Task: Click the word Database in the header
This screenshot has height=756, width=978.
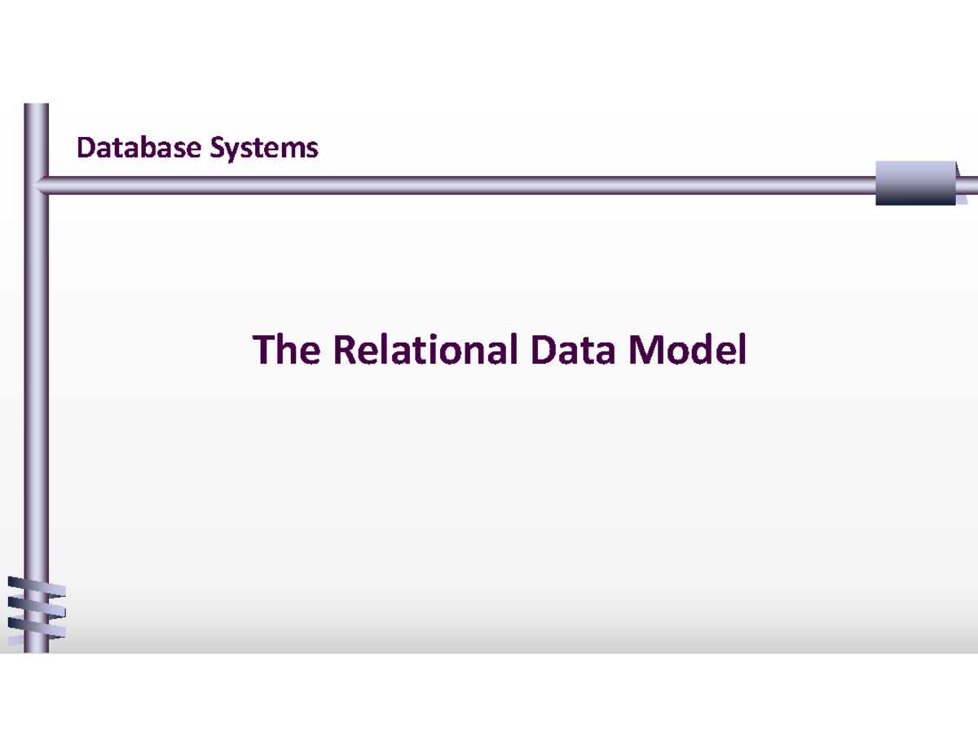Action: (139, 148)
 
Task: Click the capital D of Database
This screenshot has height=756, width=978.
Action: (85, 148)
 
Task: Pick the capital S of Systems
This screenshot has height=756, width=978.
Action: (218, 148)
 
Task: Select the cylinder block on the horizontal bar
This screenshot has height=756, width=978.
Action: (914, 183)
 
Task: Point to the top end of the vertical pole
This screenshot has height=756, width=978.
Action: (36, 107)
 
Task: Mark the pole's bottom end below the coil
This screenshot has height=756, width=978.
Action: (36, 648)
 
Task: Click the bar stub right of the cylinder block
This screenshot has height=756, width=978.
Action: (966, 186)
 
